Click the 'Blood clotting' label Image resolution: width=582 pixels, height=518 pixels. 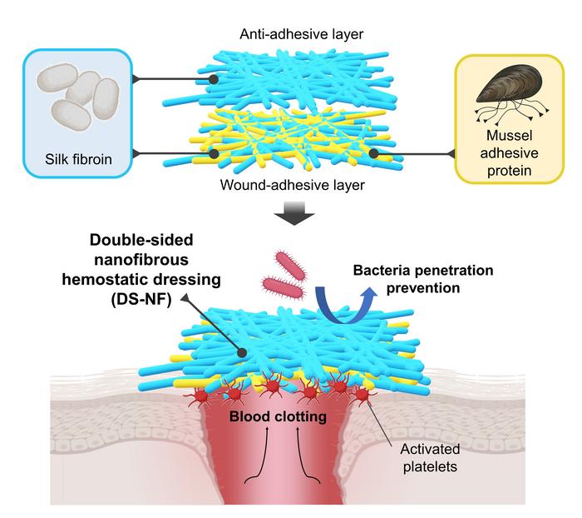click(290, 415)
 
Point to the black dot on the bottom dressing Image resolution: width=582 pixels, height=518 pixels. click(241, 353)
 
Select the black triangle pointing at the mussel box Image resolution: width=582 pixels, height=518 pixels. click(453, 153)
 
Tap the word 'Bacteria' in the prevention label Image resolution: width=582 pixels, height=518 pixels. click(378, 271)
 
